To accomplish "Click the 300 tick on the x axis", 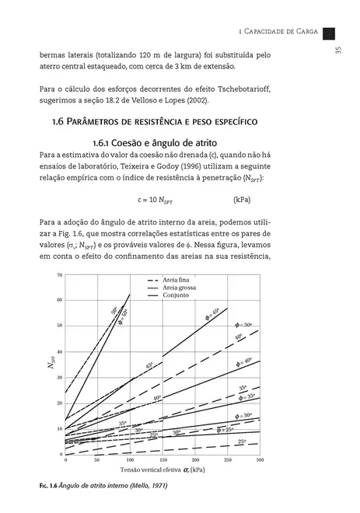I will tap(260, 459).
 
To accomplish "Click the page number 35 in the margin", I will tap(338, 51).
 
